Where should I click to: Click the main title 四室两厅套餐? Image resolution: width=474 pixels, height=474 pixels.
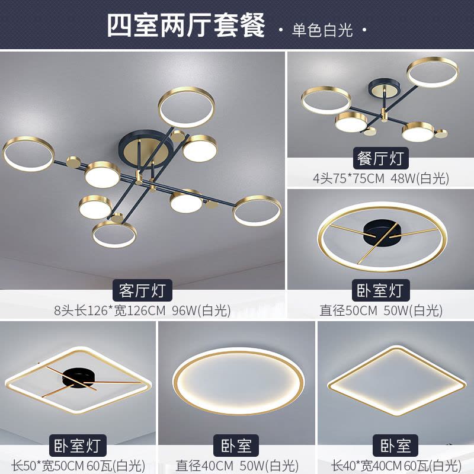click(x=185, y=25)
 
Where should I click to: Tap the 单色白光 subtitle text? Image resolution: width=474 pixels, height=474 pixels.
click(x=322, y=30)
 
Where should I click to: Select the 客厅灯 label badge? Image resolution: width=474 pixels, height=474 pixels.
click(x=142, y=290)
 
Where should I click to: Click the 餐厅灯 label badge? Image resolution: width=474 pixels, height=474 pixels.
click(x=380, y=158)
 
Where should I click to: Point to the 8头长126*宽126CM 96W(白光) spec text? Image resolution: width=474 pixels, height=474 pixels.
click(x=142, y=310)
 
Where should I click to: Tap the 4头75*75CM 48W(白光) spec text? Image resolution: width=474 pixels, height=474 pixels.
click(x=380, y=178)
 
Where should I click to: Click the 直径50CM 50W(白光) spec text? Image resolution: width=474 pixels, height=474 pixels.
click(x=381, y=310)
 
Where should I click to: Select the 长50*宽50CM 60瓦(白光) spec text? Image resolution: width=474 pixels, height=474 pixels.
click(x=78, y=466)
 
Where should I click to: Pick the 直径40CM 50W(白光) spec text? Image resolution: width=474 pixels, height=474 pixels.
click(x=237, y=466)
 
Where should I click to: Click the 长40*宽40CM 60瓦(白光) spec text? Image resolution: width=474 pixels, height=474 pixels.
click(x=396, y=466)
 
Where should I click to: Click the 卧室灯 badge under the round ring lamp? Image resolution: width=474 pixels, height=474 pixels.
click(x=381, y=290)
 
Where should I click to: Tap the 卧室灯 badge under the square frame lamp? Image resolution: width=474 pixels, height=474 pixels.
click(x=78, y=446)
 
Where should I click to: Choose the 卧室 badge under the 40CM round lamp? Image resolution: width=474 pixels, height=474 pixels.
click(x=236, y=446)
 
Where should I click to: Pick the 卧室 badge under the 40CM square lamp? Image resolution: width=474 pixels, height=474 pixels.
click(x=395, y=446)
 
